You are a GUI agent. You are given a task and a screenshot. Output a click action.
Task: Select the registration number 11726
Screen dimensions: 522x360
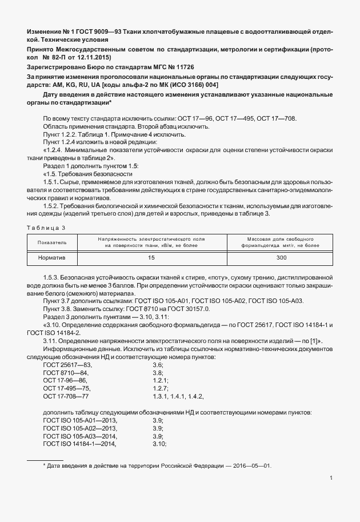click(182, 67)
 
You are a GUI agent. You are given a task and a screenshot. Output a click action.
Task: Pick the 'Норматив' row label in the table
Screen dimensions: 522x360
click(52, 258)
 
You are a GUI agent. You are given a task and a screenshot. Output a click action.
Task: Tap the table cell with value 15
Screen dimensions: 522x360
click(151, 258)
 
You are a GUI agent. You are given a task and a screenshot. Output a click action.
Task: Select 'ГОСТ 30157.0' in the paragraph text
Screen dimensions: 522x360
click(189, 309)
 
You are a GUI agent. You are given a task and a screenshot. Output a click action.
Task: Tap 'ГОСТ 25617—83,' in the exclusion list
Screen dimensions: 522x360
click(67, 364)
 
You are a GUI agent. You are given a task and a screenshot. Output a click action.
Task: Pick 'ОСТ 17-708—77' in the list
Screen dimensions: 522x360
click(66, 396)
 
